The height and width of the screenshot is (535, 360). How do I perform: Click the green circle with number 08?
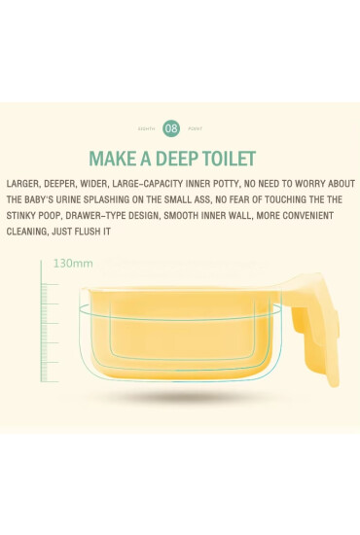171,128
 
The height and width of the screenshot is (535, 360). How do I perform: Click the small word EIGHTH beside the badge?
146,129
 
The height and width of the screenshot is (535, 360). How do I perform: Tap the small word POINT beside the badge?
196,129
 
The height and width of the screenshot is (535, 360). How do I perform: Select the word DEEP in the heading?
177,159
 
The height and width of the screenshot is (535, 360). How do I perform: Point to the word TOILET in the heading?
230,159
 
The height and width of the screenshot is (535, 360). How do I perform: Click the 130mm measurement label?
73,264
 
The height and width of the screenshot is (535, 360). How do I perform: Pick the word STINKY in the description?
18,216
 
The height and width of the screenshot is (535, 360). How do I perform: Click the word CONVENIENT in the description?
307,216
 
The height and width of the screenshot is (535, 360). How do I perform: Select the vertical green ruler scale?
49,322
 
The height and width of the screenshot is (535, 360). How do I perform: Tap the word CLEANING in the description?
27,232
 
